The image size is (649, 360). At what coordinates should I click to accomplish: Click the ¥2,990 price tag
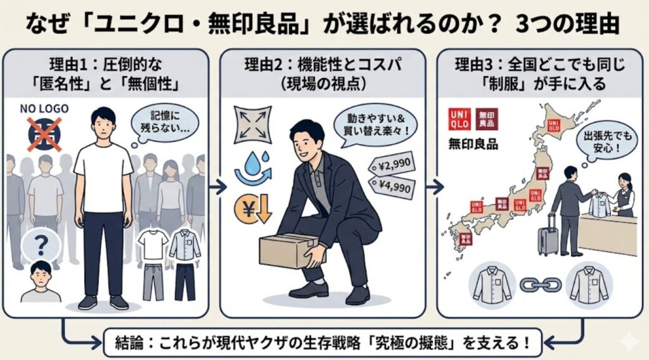pos(391,163)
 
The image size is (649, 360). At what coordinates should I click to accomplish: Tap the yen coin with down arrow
pos(252,209)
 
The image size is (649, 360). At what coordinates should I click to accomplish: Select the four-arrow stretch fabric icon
pos(252,123)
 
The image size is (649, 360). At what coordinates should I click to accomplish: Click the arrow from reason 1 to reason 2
pos(218,187)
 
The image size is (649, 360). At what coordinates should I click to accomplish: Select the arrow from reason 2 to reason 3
pos(435,187)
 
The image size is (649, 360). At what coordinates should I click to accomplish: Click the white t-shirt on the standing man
pos(103,175)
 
